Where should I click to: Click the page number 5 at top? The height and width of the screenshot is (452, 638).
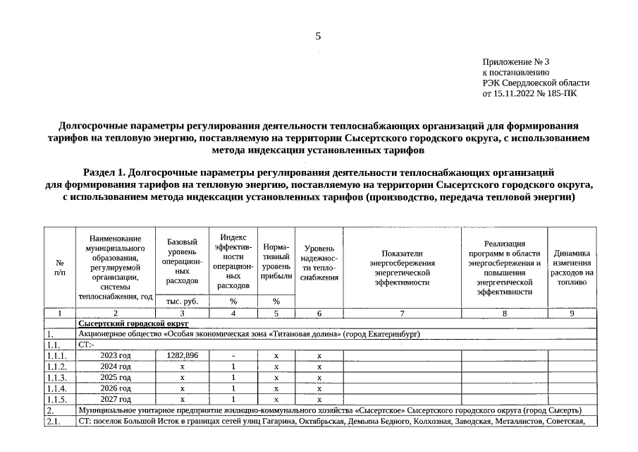(x=319, y=37)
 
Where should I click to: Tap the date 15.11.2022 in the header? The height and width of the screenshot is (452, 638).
(x=519, y=93)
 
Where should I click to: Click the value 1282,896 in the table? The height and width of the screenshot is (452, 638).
(x=183, y=355)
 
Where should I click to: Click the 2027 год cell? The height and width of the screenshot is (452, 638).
(x=116, y=400)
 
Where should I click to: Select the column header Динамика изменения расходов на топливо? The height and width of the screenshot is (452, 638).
(x=572, y=268)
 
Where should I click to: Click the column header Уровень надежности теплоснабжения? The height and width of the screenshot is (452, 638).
(x=319, y=263)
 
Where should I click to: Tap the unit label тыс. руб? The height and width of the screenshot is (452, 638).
(x=183, y=302)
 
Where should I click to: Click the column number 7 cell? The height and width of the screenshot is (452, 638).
(x=402, y=313)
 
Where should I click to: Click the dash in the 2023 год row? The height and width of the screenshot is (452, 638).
(x=233, y=355)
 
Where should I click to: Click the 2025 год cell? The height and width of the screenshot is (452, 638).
(x=116, y=378)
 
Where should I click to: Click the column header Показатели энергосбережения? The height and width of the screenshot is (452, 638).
(x=402, y=268)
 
